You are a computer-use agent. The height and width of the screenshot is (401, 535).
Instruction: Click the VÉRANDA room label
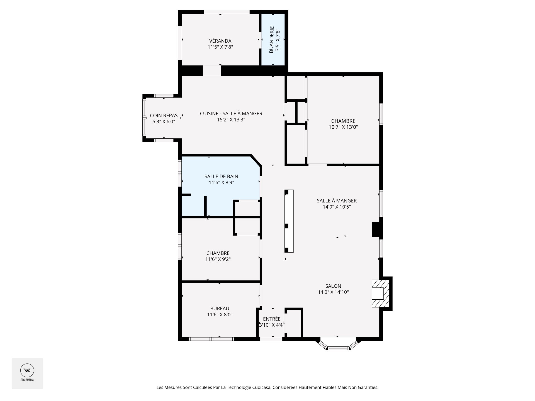(220, 41)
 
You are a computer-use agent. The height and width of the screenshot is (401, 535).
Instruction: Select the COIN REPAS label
(164, 116)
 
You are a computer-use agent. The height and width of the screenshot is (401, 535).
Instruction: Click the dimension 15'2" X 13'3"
(231, 120)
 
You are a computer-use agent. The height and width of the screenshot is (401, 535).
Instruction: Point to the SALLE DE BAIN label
(221, 176)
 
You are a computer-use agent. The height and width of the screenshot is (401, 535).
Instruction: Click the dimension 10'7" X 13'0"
(343, 127)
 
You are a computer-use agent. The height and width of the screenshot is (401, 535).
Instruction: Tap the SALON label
(333, 286)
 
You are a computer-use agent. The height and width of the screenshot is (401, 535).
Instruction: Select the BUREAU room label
(220, 309)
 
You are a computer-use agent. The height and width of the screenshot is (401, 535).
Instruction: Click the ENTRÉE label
(272, 319)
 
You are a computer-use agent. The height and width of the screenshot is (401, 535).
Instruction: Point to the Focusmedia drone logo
(27, 370)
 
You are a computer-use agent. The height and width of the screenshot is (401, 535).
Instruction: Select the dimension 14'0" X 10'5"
(337, 207)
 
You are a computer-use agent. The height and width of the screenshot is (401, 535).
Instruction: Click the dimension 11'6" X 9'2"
(218, 259)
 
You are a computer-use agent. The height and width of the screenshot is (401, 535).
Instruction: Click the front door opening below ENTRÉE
(271, 339)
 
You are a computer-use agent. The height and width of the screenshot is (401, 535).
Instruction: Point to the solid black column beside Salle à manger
(376, 229)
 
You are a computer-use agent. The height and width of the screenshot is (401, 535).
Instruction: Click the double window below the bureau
(211, 339)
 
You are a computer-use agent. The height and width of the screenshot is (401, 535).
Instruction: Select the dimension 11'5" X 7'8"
(220, 47)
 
